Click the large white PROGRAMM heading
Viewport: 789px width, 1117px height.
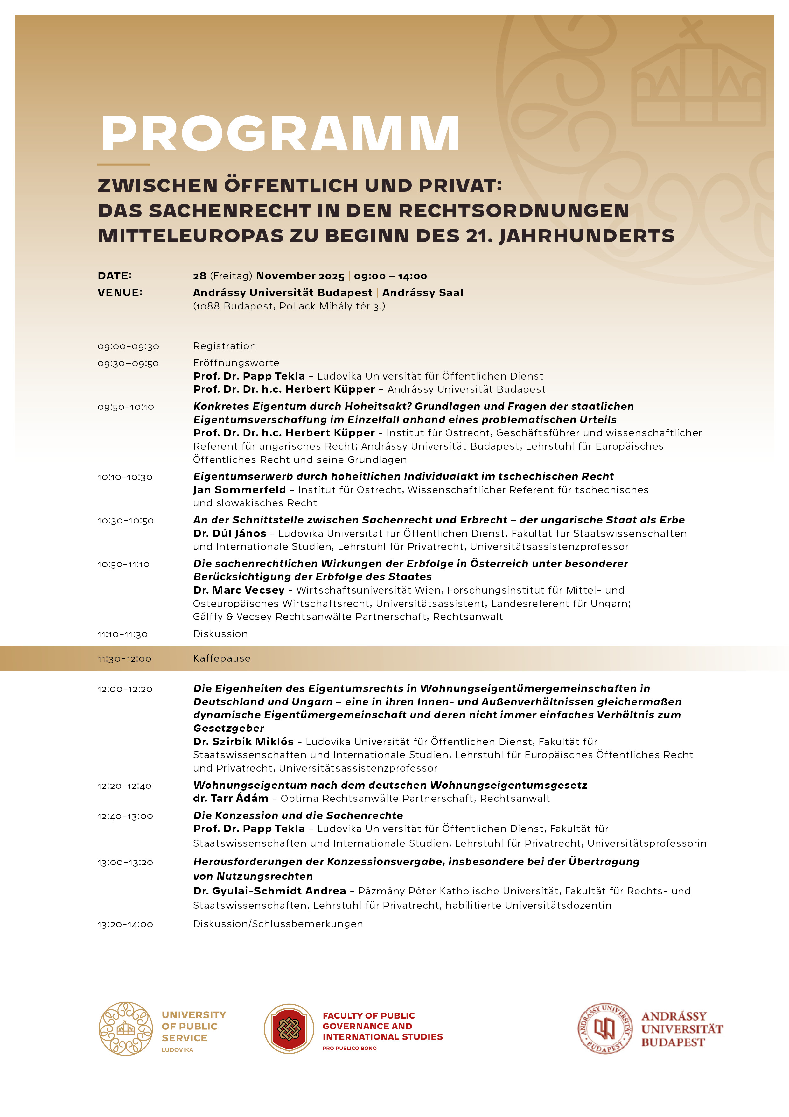(x=280, y=134)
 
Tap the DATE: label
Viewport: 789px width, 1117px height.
(x=115, y=276)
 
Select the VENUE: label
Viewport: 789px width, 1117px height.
(x=120, y=292)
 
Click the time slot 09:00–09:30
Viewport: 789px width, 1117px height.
(x=128, y=346)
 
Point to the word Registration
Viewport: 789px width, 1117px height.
(x=225, y=346)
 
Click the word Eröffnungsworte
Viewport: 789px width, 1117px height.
(x=236, y=363)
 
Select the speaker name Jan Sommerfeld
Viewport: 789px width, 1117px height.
(x=239, y=490)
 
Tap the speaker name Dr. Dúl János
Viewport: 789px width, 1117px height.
(x=229, y=534)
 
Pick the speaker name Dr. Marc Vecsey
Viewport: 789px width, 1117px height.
(x=239, y=590)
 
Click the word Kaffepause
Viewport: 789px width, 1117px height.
(x=222, y=658)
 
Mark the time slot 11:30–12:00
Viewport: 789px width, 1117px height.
(x=124, y=659)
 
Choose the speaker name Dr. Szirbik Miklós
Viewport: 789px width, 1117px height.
(x=243, y=741)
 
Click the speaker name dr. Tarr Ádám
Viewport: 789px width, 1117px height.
(x=230, y=798)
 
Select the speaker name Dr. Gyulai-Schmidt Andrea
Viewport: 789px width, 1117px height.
(x=269, y=891)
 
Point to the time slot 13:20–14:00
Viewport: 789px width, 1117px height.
(x=125, y=924)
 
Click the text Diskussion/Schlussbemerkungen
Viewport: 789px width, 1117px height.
(x=278, y=923)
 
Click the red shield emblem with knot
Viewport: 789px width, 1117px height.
(x=289, y=1028)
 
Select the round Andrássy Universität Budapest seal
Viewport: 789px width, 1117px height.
(x=605, y=1028)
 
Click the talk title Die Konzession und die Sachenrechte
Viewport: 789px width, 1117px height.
(x=298, y=815)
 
